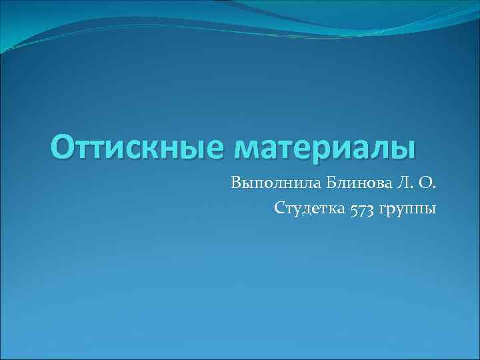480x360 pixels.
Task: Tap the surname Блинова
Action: tap(340, 182)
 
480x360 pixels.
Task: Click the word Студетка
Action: tap(309, 209)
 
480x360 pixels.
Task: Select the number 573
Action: tap(361, 209)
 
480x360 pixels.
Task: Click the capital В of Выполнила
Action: tap(235, 182)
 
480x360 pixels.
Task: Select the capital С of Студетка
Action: tap(279, 209)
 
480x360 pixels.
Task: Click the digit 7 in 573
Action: tap(361, 210)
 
